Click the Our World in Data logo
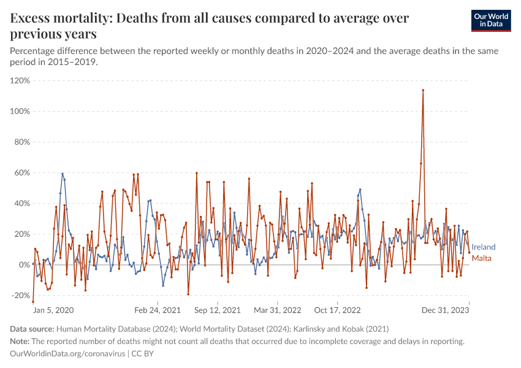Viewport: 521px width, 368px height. coord(495,20)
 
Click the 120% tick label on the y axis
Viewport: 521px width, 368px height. coord(20,80)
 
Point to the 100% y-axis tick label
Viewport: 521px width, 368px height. coord(20,111)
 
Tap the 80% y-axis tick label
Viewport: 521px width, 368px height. coord(22,142)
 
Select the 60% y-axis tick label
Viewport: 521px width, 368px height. coord(22,172)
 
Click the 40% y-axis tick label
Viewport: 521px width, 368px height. coord(22,203)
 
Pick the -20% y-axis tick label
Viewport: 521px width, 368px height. coord(21,295)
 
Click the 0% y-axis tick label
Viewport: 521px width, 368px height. coord(24,264)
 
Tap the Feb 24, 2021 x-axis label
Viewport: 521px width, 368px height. coord(158,310)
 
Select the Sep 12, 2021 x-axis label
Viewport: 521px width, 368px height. coord(218,310)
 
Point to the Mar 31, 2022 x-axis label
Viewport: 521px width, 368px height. coord(278,310)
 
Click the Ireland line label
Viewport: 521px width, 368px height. coord(484,247)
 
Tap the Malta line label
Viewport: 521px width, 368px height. coord(482,258)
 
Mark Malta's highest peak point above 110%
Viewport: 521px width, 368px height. coord(423,90)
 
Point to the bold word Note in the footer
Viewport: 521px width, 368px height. coord(20,341)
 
